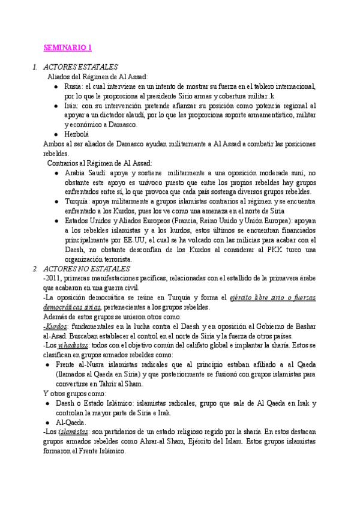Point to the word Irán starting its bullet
71,106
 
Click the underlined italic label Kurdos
55,325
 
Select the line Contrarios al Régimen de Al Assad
100,163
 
